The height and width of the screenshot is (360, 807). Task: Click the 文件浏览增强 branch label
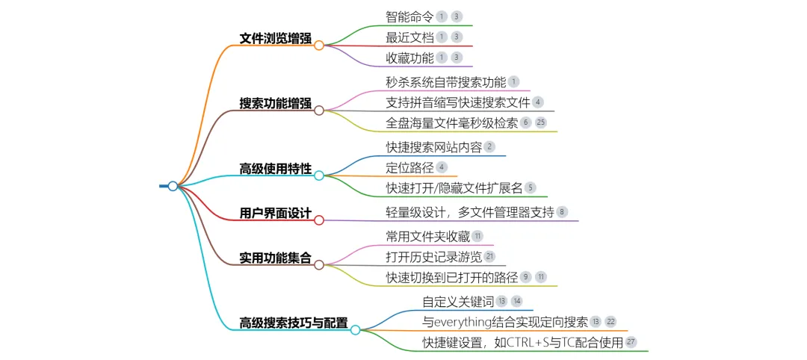tap(275, 39)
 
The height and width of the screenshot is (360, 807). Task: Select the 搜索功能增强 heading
tap(275, 104)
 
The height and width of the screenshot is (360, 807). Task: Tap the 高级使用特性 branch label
tap(275, 169)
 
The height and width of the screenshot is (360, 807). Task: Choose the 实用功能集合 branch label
tap(275, 258)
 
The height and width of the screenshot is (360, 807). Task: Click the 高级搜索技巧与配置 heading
tap(293, 323)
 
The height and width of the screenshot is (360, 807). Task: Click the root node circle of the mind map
tap(173, 186)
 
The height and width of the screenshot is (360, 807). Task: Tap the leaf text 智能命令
tap(409, 16)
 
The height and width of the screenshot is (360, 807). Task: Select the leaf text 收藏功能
tap(409, 58)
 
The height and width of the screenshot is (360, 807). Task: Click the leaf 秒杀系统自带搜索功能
tap(446, 82)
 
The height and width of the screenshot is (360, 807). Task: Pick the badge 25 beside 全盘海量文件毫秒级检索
tap(542, 122)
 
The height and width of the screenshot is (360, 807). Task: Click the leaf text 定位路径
tap(409, 167)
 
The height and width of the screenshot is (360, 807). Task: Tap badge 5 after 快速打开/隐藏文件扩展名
tap(531, 187)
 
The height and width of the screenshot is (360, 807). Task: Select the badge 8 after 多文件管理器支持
tap(562, 213)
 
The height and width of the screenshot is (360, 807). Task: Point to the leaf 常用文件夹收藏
tap(427, 237)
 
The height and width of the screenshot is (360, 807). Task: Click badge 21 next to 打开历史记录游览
tap(490, 257)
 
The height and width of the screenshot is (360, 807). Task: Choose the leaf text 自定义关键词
tap(458, 302)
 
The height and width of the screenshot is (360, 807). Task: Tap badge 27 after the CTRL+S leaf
tap(631, 342)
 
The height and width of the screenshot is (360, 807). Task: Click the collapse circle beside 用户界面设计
tap(319, 220)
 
